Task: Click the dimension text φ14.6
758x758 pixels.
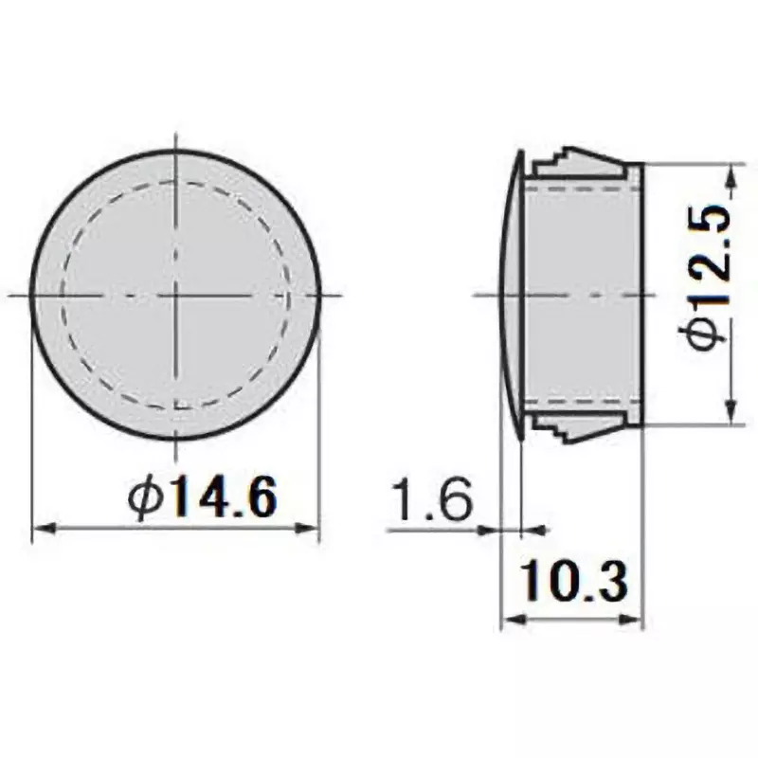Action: [x=203, y=496]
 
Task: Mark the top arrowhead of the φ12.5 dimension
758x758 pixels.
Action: [x=731, y=173]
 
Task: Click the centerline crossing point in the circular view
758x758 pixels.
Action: [x=175, y=296]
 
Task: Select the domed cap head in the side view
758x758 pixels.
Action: [x=511, y=296]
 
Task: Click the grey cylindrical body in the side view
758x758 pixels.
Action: [x=583, y=296]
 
